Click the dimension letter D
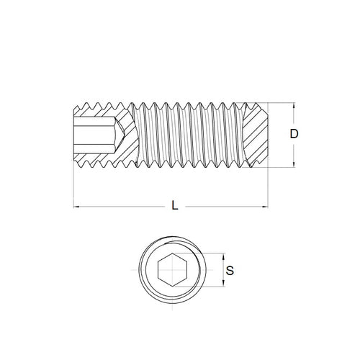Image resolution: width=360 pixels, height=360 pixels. point(294,134)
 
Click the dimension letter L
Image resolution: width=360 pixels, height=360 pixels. point(175,206)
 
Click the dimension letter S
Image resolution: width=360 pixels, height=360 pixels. point(230,271)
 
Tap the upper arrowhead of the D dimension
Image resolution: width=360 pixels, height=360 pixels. point(293,104)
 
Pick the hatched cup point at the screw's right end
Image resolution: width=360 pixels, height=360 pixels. point(258,135)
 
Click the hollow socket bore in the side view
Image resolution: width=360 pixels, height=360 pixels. point(94,135)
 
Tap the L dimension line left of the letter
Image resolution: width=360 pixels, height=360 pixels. point(122,208)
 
